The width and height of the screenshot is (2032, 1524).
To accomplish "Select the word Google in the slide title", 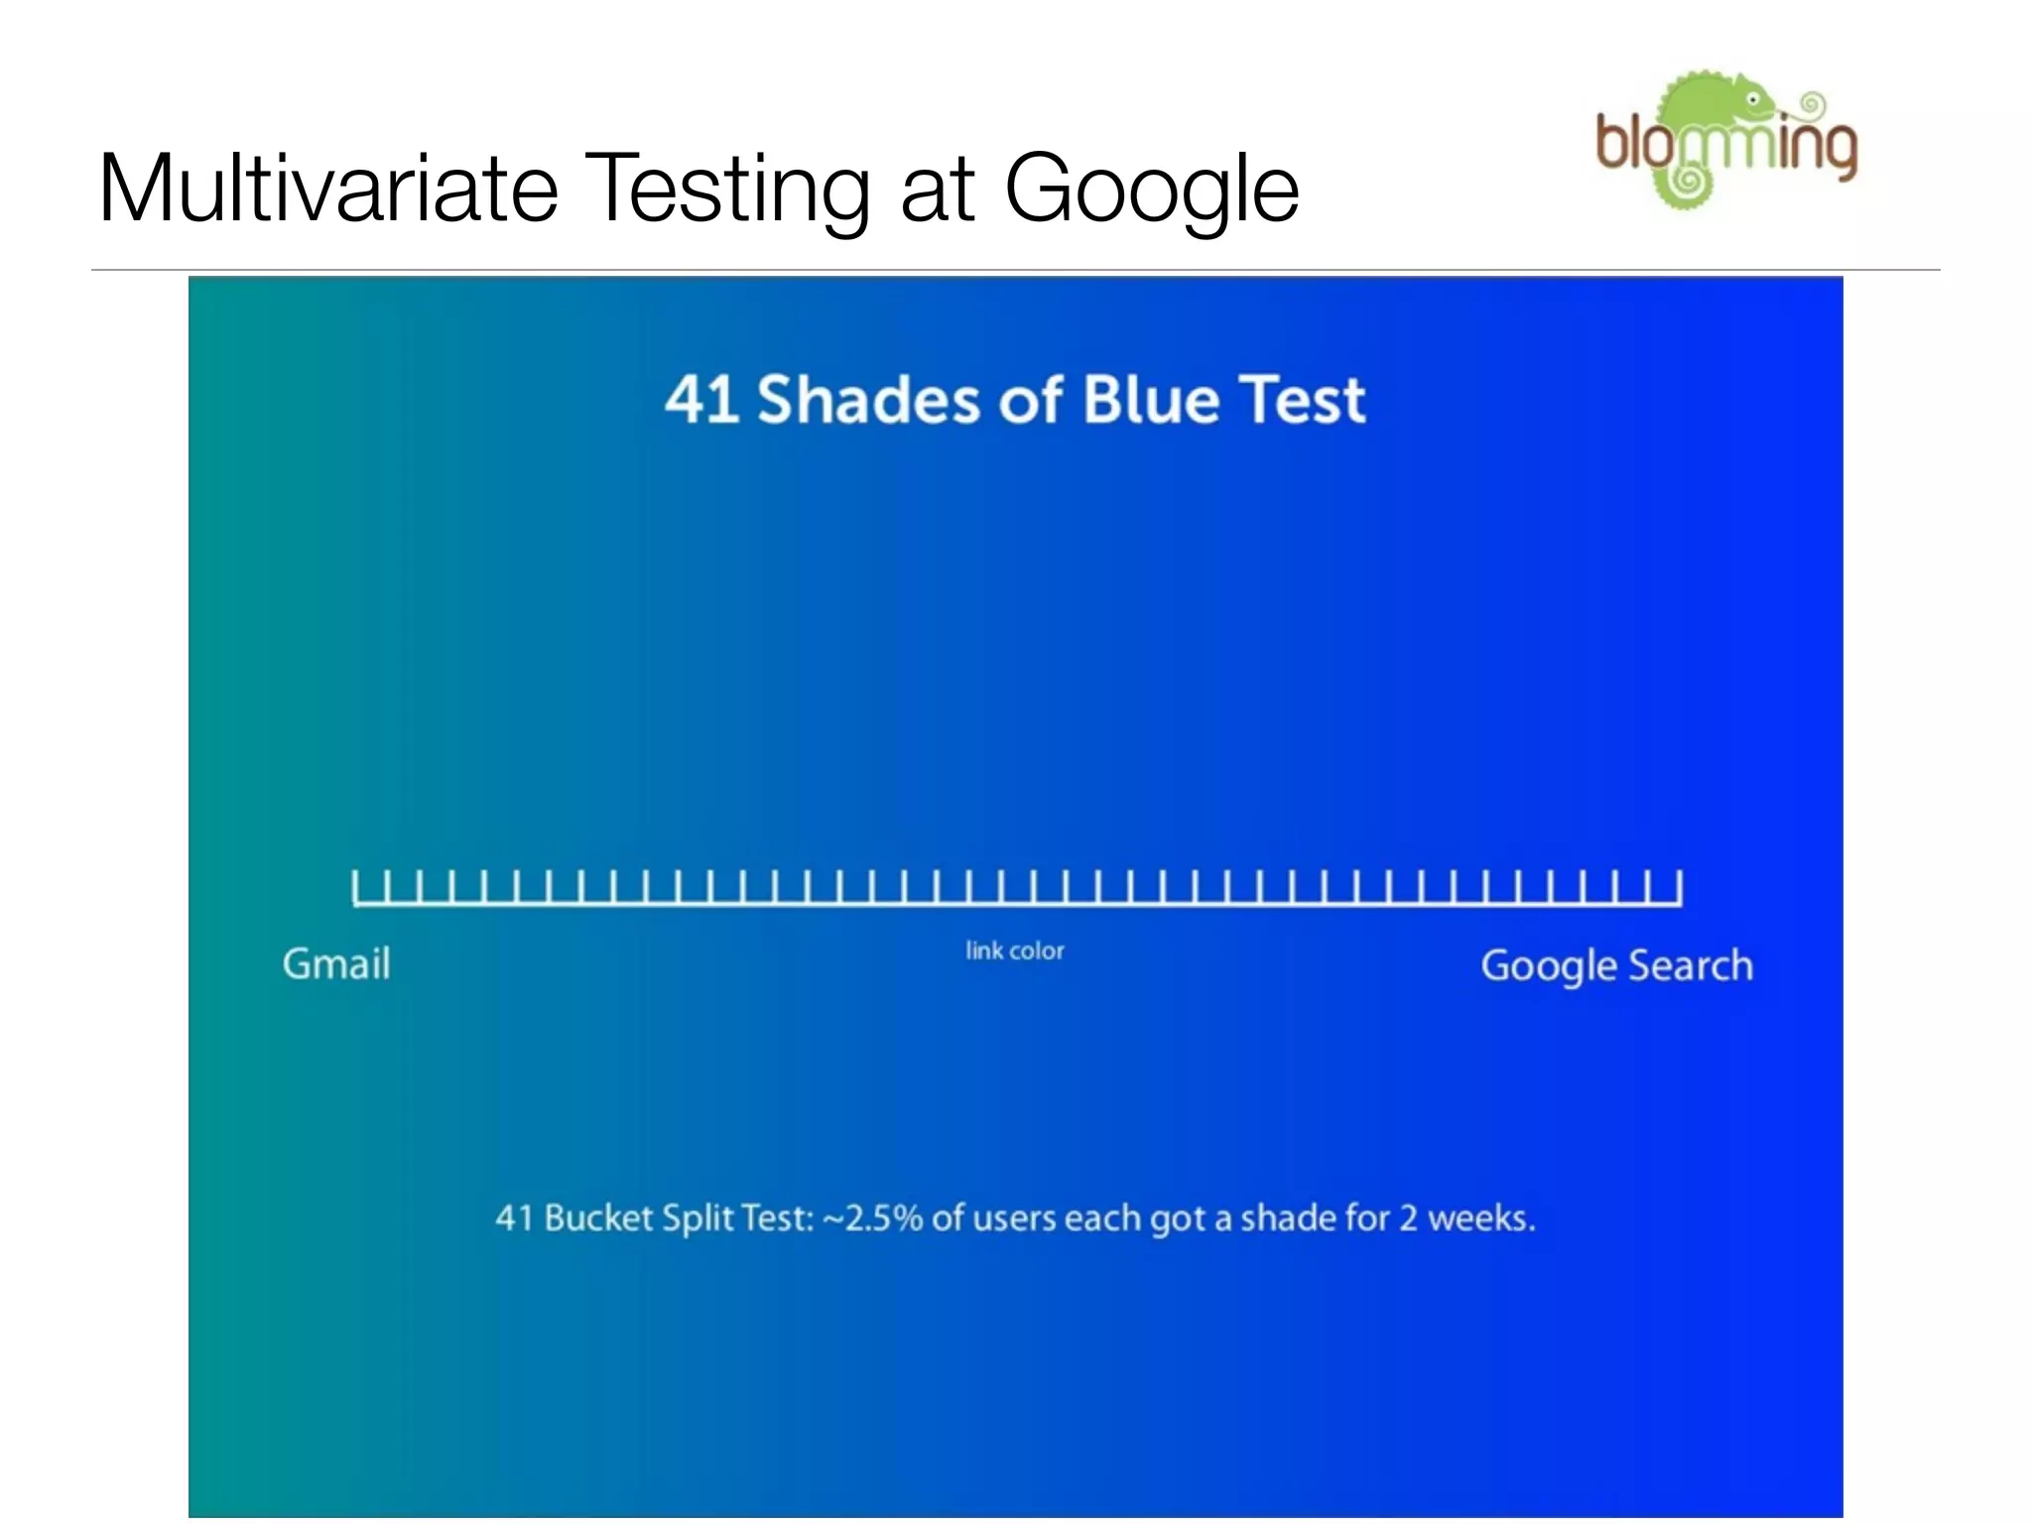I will coord(1151,190).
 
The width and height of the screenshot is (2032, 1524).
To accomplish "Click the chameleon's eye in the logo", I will coord(1753,101).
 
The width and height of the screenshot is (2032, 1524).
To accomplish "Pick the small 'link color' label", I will coord(1014,951).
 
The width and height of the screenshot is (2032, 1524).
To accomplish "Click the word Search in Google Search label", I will coord(1691,965).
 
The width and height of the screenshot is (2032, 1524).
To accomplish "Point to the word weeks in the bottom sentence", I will coord(1480,1217).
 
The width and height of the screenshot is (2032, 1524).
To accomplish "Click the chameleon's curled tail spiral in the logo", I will coord(1685,182).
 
